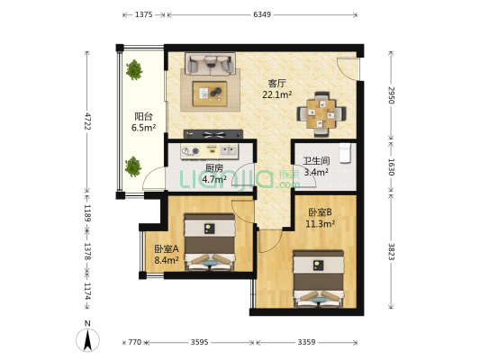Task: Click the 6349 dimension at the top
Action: point(262,14)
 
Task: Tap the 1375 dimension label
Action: point(143,14)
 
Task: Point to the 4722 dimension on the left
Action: point(87,121)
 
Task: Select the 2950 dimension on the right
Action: point(391,95)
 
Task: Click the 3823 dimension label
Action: point(391,251)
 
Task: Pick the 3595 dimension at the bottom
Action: point(200,342)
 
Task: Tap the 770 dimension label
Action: point(135,342)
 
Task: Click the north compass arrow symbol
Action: point(88,340)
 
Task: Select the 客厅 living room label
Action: point(276,83)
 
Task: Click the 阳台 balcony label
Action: point(143,116)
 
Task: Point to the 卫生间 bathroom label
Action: point(316,161)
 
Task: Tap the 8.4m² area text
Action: point(167,260)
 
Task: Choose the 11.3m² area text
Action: point(320,224)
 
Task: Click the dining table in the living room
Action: point(322,113)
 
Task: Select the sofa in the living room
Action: point(210,64)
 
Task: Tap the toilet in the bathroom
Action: point(345,153)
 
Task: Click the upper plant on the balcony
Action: point(134,69)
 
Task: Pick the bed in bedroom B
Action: point(318,279)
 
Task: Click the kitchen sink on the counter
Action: point(229,150)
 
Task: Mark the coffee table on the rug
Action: point(210,94)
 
